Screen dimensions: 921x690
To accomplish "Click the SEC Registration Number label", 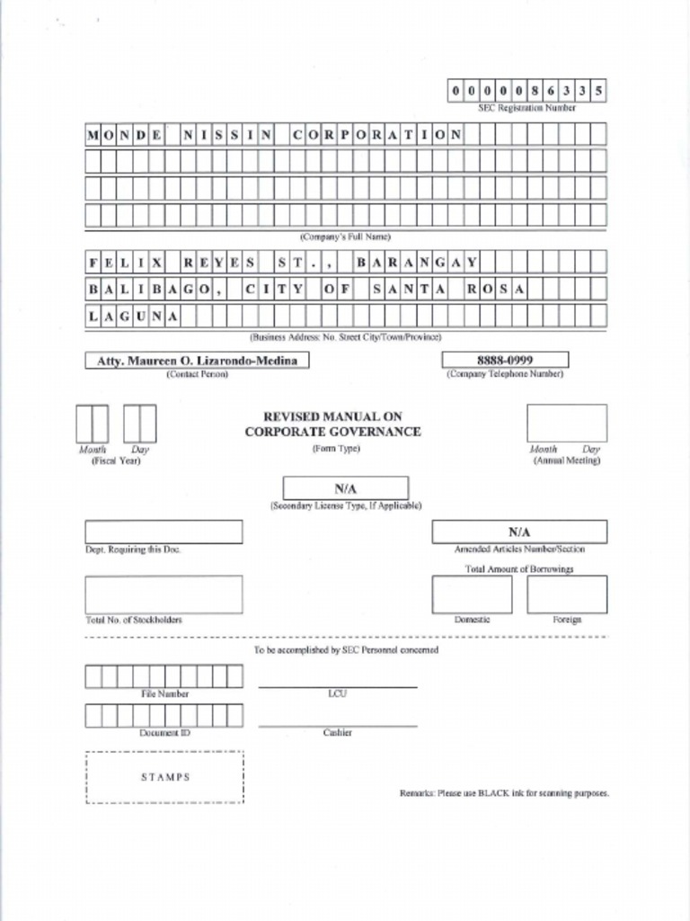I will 526,107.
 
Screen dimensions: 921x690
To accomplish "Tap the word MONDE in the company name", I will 126,136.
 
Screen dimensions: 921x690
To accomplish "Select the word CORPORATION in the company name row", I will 377,136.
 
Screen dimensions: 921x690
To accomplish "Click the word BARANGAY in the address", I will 416,263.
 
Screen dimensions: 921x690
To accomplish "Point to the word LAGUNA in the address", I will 133,317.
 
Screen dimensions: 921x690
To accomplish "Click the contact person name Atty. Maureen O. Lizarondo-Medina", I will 197,361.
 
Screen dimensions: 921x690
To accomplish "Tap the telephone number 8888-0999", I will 504,360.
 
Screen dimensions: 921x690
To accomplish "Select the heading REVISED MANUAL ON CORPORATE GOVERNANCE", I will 332,425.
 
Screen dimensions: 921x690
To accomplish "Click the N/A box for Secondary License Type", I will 346,487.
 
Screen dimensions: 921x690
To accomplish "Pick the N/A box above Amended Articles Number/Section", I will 518,532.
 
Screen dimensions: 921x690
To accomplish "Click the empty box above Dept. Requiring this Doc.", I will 164,532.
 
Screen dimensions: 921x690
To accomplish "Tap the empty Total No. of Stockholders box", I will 164,594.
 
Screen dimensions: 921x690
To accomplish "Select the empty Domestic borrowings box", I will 472,594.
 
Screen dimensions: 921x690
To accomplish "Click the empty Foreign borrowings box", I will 567,594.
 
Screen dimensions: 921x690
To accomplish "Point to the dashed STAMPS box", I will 165,777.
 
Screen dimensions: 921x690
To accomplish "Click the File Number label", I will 164,694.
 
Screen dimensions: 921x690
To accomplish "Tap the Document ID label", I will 164,733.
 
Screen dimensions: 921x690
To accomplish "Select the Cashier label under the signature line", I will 338,733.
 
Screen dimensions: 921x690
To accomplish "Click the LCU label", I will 338,694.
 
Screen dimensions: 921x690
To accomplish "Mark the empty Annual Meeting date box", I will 566,423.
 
